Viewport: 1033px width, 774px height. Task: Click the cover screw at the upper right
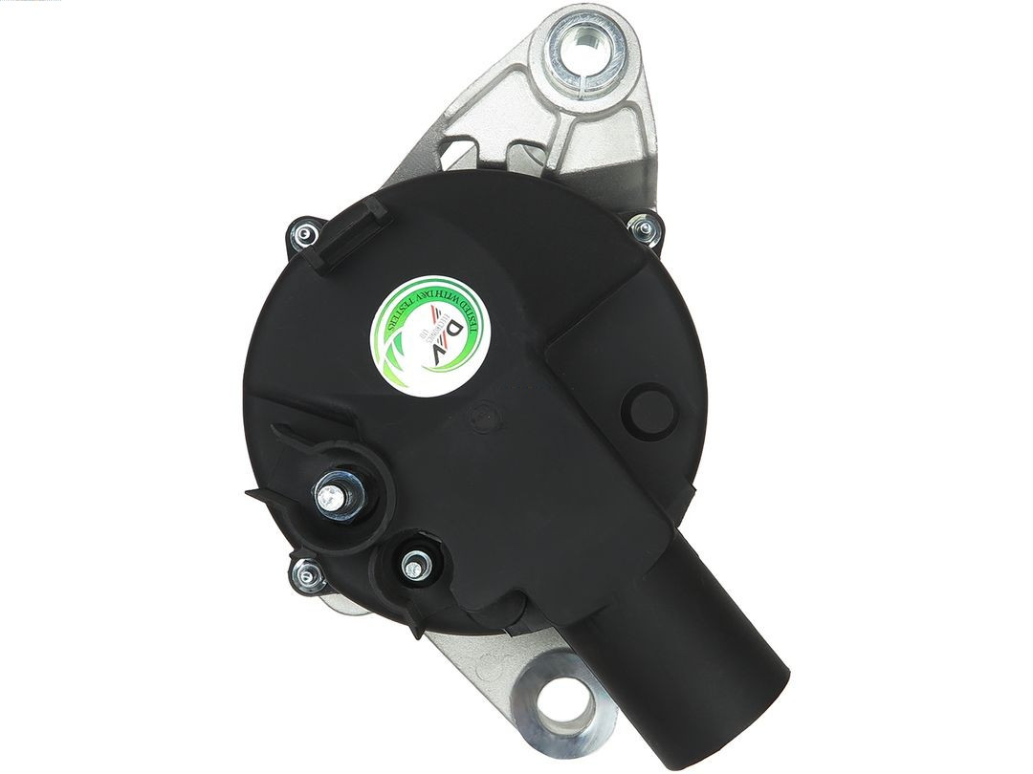coord(644,227)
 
